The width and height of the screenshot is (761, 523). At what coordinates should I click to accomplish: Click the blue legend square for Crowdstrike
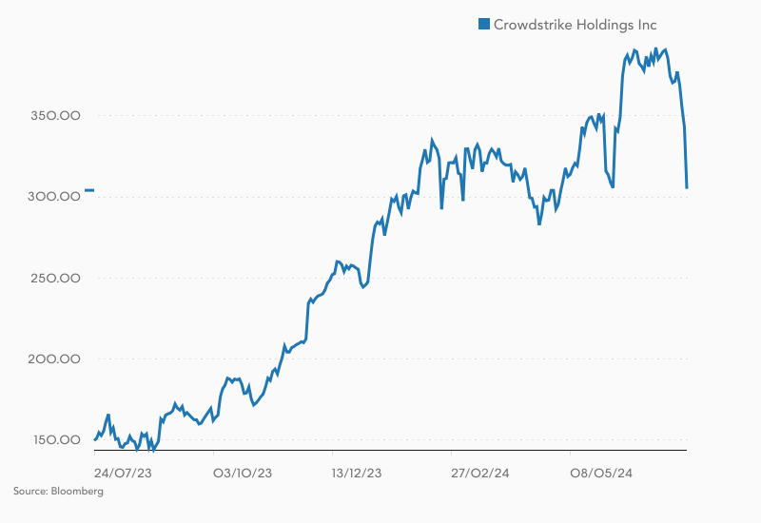[x=483, y=25]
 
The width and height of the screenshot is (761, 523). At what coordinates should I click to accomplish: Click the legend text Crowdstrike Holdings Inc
[x=575, y=25]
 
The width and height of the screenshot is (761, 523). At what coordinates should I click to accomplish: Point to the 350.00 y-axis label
[x=55, y=116]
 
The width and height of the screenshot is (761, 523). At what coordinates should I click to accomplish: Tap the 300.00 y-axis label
[x=55, y=197]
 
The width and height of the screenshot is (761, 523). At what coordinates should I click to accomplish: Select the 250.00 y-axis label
[x=55, y=278]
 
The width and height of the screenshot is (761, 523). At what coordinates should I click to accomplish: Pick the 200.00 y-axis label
[x=55, y=358]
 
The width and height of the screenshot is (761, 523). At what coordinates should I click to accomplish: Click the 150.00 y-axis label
[x=55, y=439]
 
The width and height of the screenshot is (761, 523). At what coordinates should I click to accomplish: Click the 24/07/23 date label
[x=119, y=473]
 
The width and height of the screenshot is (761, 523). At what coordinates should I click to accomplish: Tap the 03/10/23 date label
[x=242, y=473]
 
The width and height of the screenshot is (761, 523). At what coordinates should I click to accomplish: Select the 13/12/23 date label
[x=357, y=473]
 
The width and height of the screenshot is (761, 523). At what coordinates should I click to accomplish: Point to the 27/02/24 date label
[x=479, y=473]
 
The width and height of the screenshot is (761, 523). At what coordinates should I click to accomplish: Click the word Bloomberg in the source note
[x=78, y=492]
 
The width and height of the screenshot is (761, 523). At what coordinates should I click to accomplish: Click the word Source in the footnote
[x=30, y=492]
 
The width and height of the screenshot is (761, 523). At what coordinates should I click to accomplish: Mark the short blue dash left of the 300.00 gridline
[x=88, y=191]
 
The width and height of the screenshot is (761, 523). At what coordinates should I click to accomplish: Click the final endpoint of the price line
[x=687, y=188]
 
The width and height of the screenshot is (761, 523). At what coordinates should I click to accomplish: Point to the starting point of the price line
[x=95, y=439]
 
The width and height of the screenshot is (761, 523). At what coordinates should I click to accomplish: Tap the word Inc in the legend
[x=646, y=25]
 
